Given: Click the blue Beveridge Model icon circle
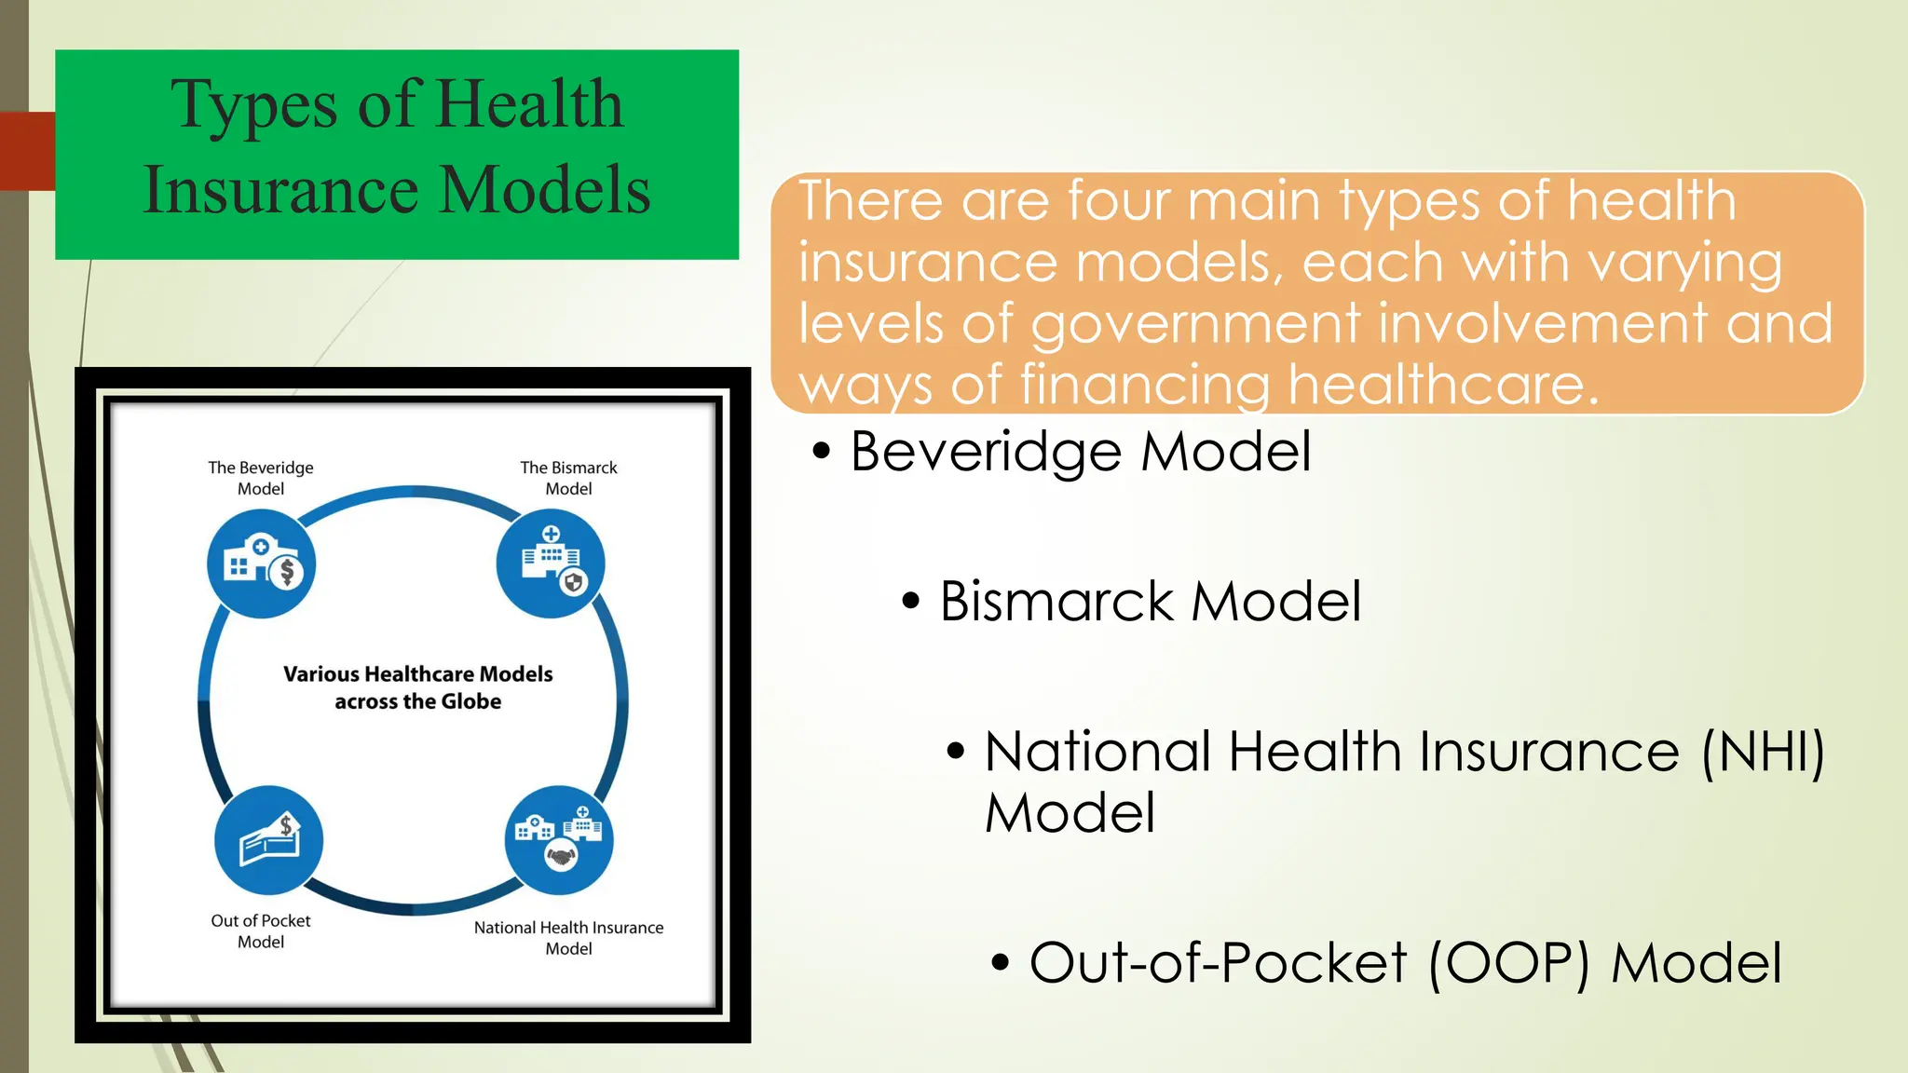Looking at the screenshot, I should pyautogui.click(x=262, y=564).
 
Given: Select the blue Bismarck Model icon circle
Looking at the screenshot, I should pyautogui.click(x=551, y=564).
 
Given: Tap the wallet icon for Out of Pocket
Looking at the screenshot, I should pyautogui.click(x=268, y=840).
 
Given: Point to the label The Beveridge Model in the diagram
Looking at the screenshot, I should pyautogui.click(x=261, y=478).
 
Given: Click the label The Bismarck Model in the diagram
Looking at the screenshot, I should pyautogui.click(x=568, y=478).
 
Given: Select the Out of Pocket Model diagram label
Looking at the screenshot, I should pyautogui.click(x=261, y=930).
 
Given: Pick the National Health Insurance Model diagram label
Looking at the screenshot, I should pyautogui.click(x=568, y=937).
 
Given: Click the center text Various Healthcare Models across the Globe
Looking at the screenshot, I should pyautogui.click(x=417, y=687).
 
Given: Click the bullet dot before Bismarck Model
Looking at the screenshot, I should pyautogui.click(x=910, y=602).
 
